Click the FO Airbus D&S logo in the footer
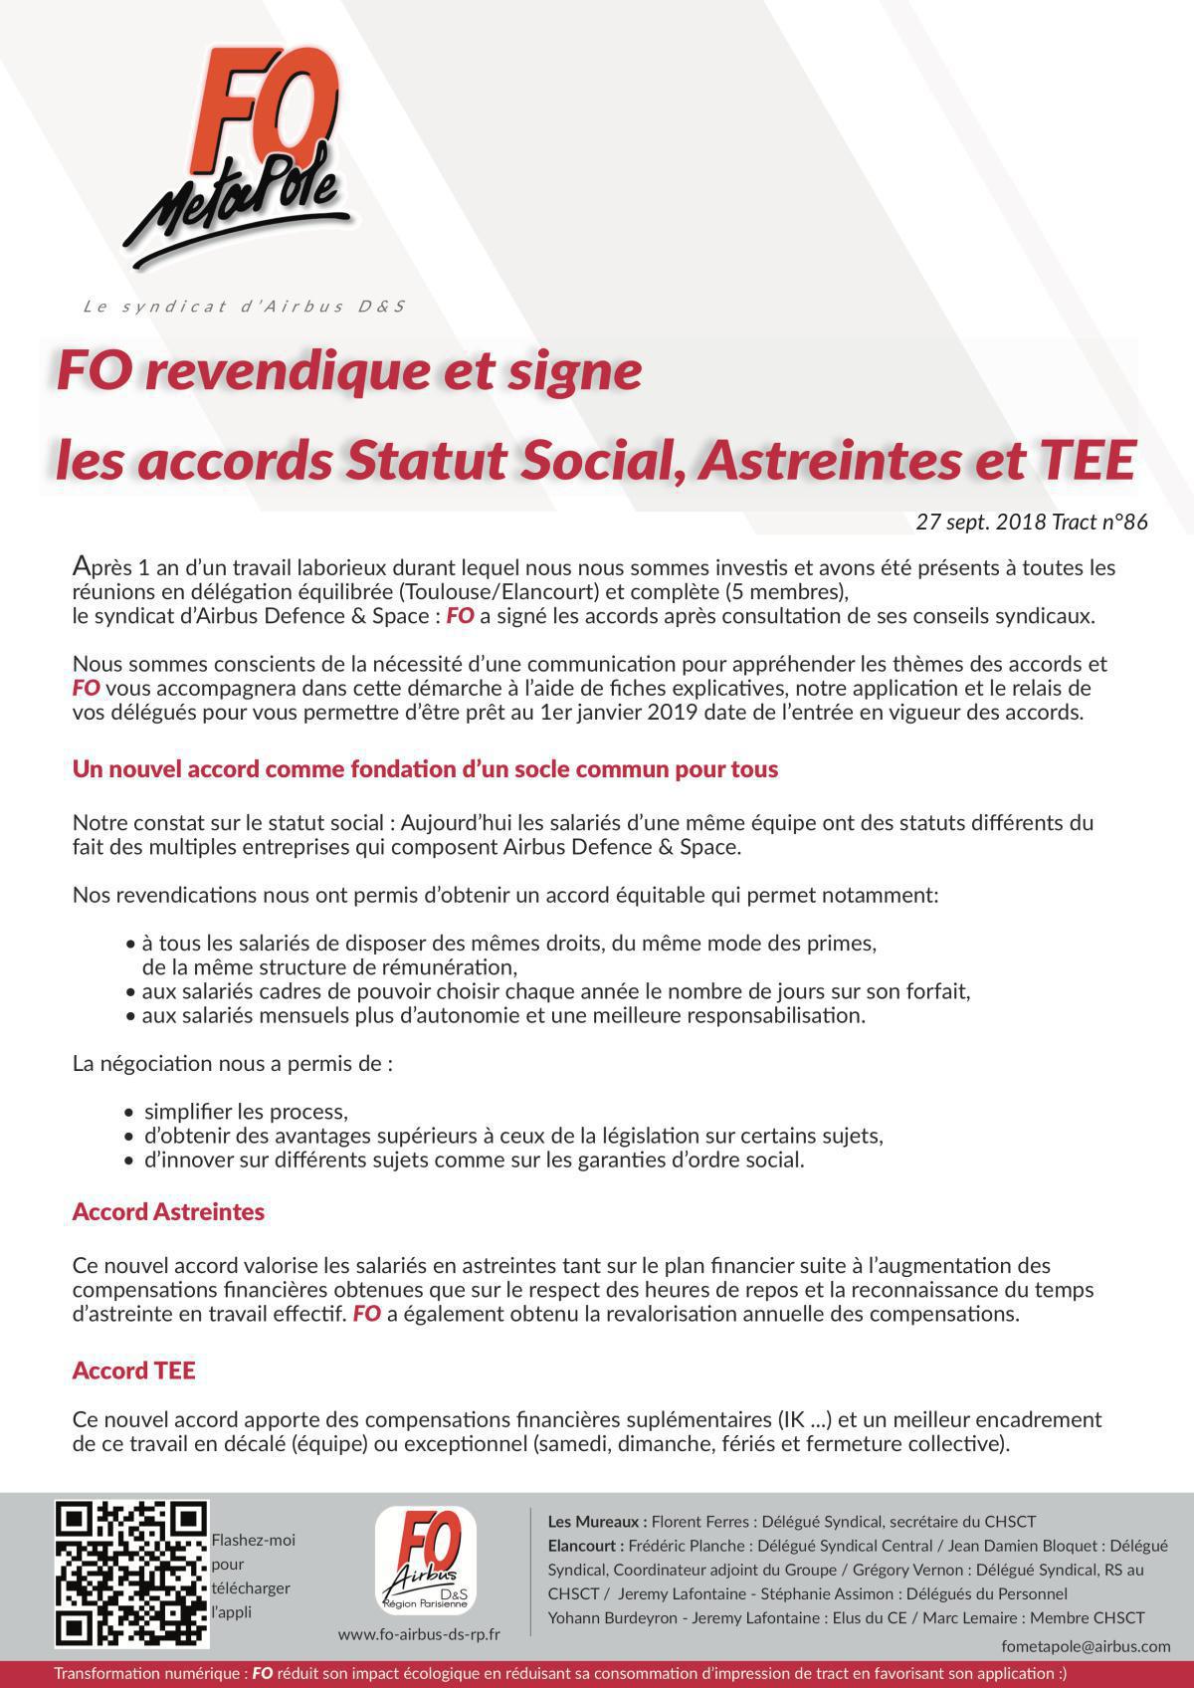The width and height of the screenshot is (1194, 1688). coord(426,1562)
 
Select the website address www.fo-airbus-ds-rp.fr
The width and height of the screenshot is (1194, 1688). coord(419,1633)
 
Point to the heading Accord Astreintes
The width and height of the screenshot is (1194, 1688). coord(168,1212)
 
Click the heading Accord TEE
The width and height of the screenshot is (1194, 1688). coord(133,1371)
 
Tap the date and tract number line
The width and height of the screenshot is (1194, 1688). coord(1032,522)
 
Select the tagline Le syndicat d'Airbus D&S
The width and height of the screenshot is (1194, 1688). coord(244,307)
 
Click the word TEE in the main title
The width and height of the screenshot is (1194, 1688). coord(1087,461)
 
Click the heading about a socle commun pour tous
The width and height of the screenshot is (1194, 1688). coord(425,769)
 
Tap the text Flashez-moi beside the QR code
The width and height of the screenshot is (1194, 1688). coord(254,1541)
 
